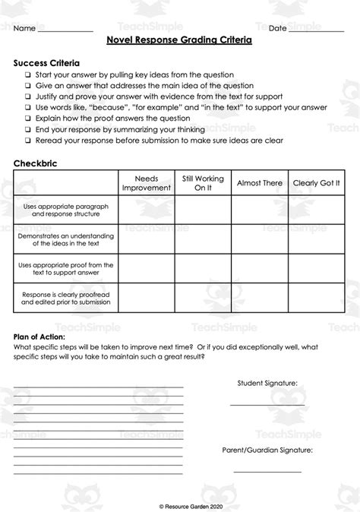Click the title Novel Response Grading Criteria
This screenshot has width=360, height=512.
(179, 43)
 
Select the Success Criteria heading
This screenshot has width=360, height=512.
(46, 63)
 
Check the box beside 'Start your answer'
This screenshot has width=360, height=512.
(27, 75)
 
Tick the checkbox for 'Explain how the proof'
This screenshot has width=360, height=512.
(27, 119)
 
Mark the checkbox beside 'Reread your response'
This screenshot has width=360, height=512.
(27, 141)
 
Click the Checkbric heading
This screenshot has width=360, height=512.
(35, 163)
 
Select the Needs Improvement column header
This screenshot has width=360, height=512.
(146, 183)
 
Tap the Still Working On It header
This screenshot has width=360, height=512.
(203, 183)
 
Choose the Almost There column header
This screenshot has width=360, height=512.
(260, 183)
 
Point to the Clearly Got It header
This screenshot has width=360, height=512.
(316, 183)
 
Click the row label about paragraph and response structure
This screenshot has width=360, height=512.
(68, 209)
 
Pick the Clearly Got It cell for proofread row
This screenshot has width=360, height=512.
(316, 297)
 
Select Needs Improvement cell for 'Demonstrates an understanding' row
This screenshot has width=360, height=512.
(146, 238)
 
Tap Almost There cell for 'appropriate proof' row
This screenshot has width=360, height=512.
(260, 267)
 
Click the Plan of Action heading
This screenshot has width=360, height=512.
(39, 337)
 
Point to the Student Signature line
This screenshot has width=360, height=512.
(267, 404)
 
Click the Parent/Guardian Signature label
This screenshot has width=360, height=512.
(267, 450)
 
